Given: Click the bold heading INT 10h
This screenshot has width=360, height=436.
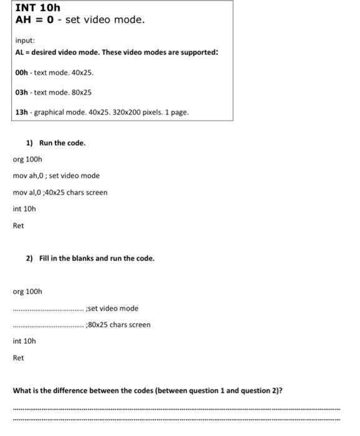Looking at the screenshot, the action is pos(37,8).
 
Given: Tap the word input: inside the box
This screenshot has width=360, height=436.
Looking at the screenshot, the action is pos(25,39).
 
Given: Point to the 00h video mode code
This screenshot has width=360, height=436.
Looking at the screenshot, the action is pos(22,73).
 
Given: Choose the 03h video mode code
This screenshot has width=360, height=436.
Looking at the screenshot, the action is pos(22,92).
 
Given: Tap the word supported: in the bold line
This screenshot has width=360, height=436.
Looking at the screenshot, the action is pos(198,52).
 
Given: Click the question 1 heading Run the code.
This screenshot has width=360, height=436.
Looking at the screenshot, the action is pos(62,143).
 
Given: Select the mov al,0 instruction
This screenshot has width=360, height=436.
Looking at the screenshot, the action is pos(27,192).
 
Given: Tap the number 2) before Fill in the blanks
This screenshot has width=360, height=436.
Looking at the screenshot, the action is pos(29,258).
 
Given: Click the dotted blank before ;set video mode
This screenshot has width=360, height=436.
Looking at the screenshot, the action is pos(47,309).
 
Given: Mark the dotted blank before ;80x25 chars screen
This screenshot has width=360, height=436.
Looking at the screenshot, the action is pos(47,325).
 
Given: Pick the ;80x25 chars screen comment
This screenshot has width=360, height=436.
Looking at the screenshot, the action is pos(118,325).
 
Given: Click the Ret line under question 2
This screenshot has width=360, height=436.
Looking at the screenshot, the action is pos(19,358).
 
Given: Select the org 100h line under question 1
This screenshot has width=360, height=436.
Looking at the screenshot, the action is pos(27,159).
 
